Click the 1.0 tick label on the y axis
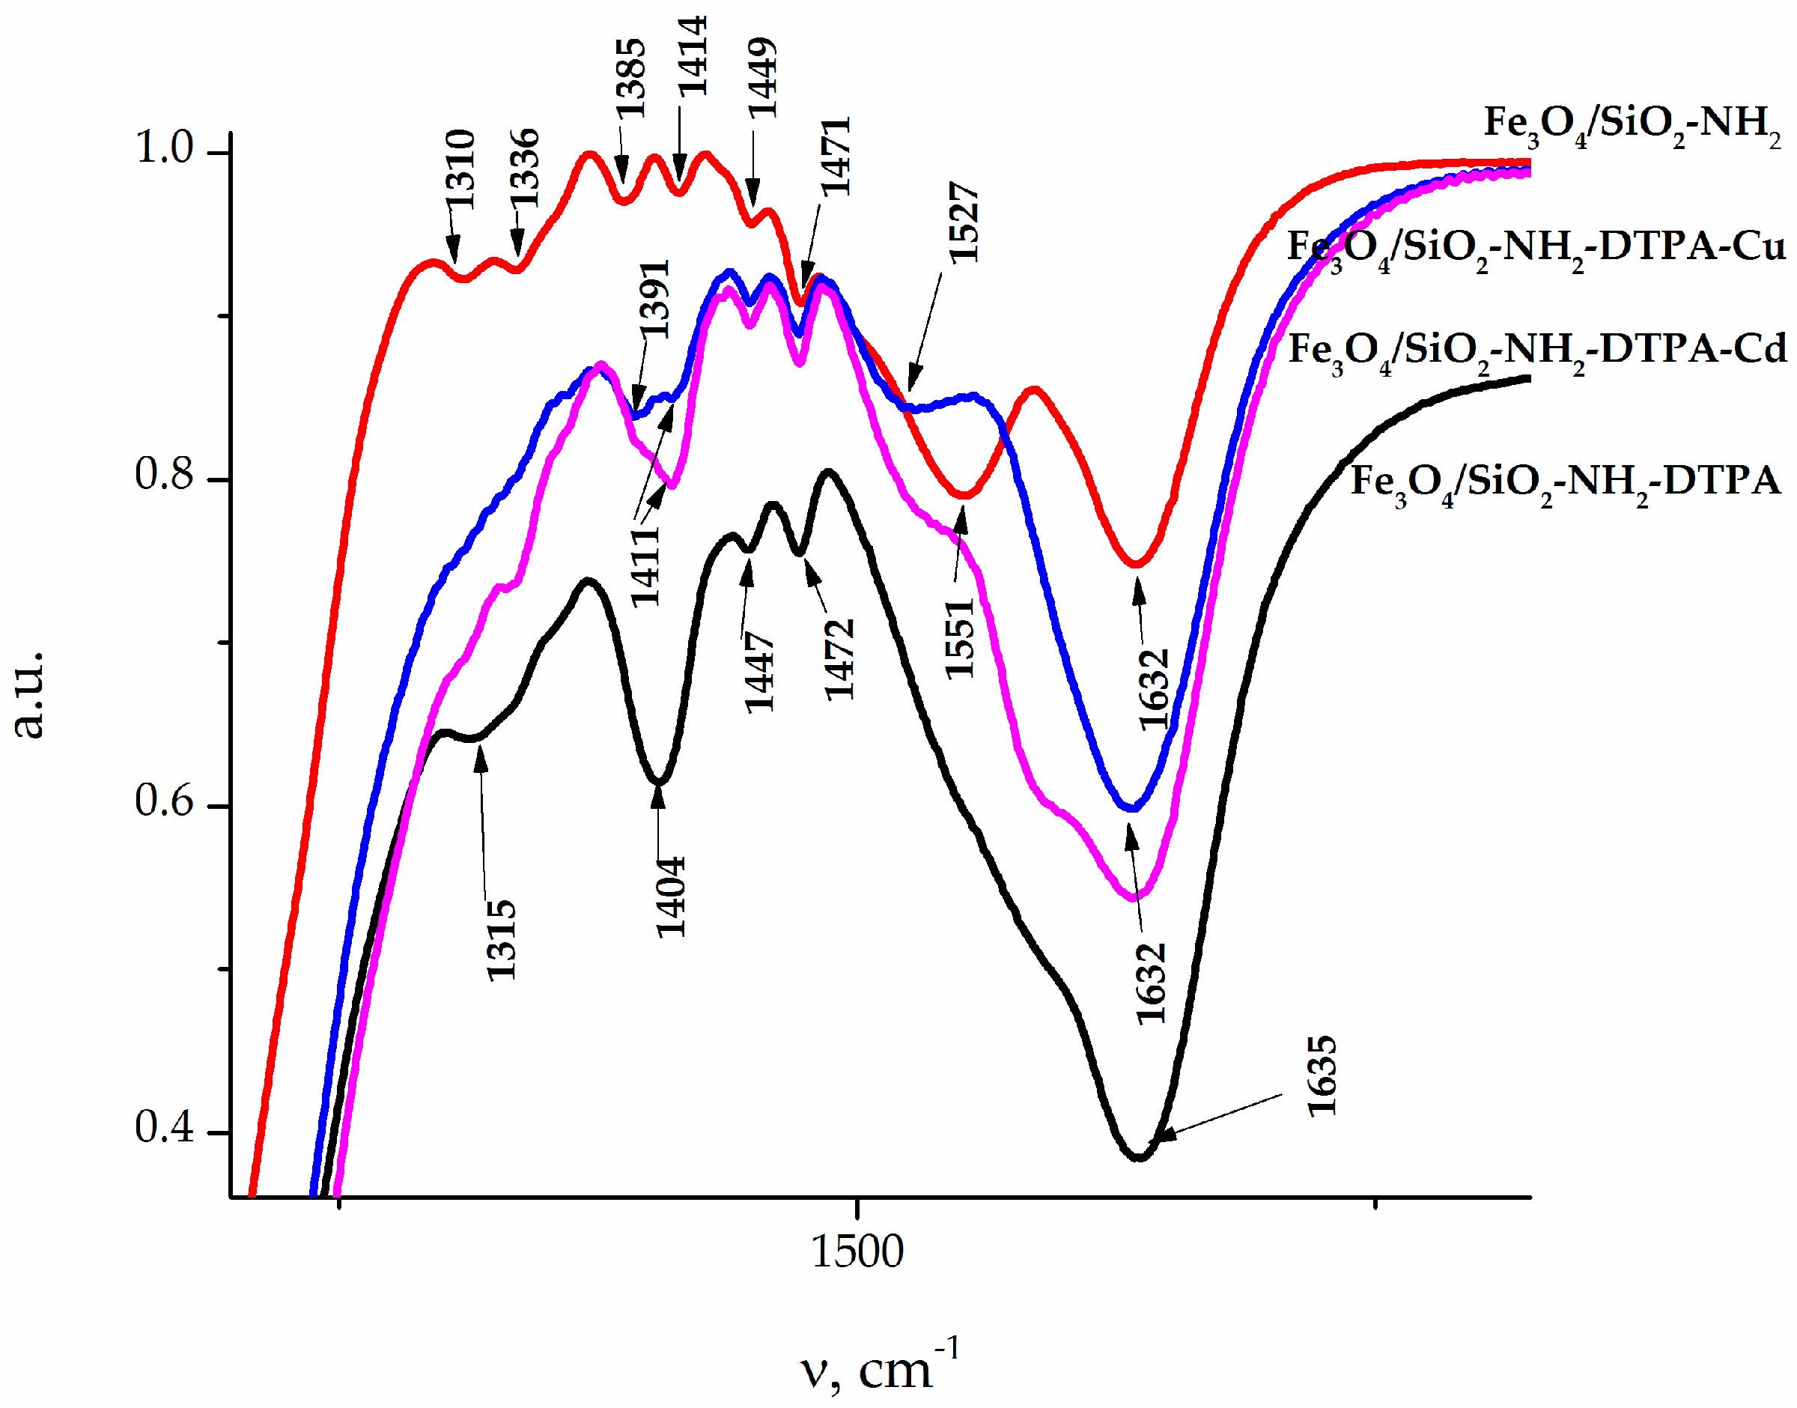pos(164,148)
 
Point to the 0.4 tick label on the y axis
pos(164,1127)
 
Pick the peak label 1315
pos(500,940)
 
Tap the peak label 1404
pos(670,897)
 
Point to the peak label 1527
pos(963,222)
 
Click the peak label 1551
pos(959,640)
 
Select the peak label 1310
pos(460,169)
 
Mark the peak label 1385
pos(630,79)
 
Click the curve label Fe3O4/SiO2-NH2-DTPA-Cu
pos(1536,247)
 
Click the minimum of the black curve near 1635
pos(1139,1157)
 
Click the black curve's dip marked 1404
pos(658,781)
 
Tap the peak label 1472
pos(839,661)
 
